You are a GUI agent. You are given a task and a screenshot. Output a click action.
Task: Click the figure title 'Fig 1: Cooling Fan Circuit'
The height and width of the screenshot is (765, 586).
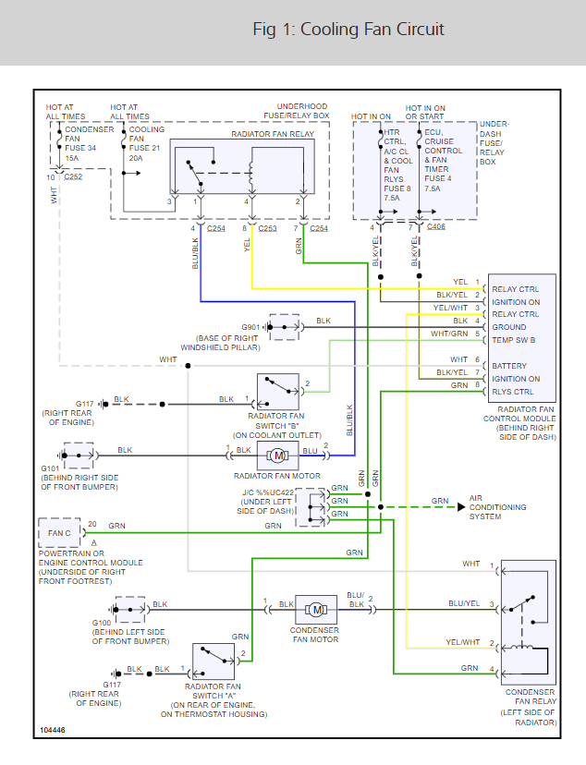point(348,30)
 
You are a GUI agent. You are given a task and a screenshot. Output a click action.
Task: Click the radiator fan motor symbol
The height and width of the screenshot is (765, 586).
point(276,454)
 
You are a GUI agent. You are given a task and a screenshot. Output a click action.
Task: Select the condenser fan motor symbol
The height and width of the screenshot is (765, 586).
point(316,609)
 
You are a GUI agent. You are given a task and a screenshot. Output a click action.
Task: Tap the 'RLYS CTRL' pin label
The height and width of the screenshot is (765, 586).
point(513,391)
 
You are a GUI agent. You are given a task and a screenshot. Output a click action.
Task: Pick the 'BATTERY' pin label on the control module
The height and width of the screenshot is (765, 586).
point(509,366)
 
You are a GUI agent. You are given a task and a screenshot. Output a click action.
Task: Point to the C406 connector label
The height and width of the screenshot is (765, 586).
point(437,225)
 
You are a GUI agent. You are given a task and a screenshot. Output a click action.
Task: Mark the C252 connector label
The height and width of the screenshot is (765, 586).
point(73,176)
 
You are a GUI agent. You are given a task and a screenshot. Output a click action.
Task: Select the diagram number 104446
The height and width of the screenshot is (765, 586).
point(53,731)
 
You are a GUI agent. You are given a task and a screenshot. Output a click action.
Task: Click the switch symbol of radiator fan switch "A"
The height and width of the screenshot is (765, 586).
point(216,657)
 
